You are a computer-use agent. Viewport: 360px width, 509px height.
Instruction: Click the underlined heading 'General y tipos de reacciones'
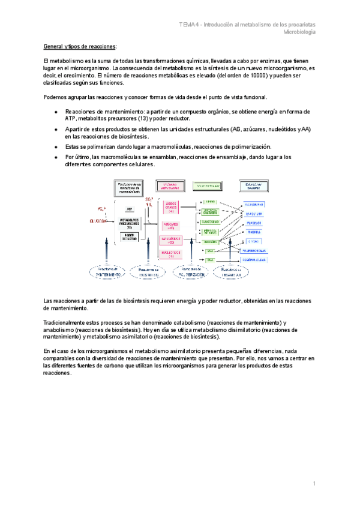click(x=80, y=46)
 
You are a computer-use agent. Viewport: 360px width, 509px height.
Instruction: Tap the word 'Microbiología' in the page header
click(x=299, y=32)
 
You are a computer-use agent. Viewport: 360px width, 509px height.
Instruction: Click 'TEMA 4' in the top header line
click(x=190, y=24)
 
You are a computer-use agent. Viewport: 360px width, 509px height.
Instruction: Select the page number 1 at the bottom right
click(x=314, y=483)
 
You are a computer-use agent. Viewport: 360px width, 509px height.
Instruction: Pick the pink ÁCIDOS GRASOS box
click(x=172, y=207)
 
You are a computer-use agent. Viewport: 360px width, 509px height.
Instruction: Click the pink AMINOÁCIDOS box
click(x=172, y=240)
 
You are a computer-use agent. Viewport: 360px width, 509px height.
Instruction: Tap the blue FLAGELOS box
click(x=253, y=223)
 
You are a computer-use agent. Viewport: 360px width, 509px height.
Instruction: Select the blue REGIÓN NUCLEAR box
click(x=253, y=260)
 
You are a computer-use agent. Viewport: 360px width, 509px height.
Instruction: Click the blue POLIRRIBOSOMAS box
click(x=253, y=250)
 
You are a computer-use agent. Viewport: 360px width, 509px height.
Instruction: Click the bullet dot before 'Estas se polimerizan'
click(x=56, y=147)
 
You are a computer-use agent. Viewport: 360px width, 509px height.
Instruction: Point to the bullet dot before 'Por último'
click(x=56, y=157)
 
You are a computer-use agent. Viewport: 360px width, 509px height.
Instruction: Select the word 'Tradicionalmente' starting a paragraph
click(x=66, y=322)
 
